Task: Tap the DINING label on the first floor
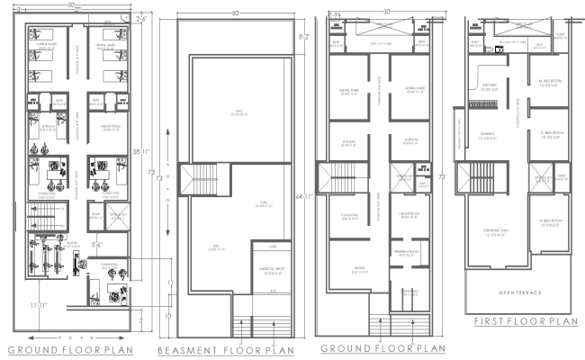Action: coord(487,136)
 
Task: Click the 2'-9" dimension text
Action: coord(334,14)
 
